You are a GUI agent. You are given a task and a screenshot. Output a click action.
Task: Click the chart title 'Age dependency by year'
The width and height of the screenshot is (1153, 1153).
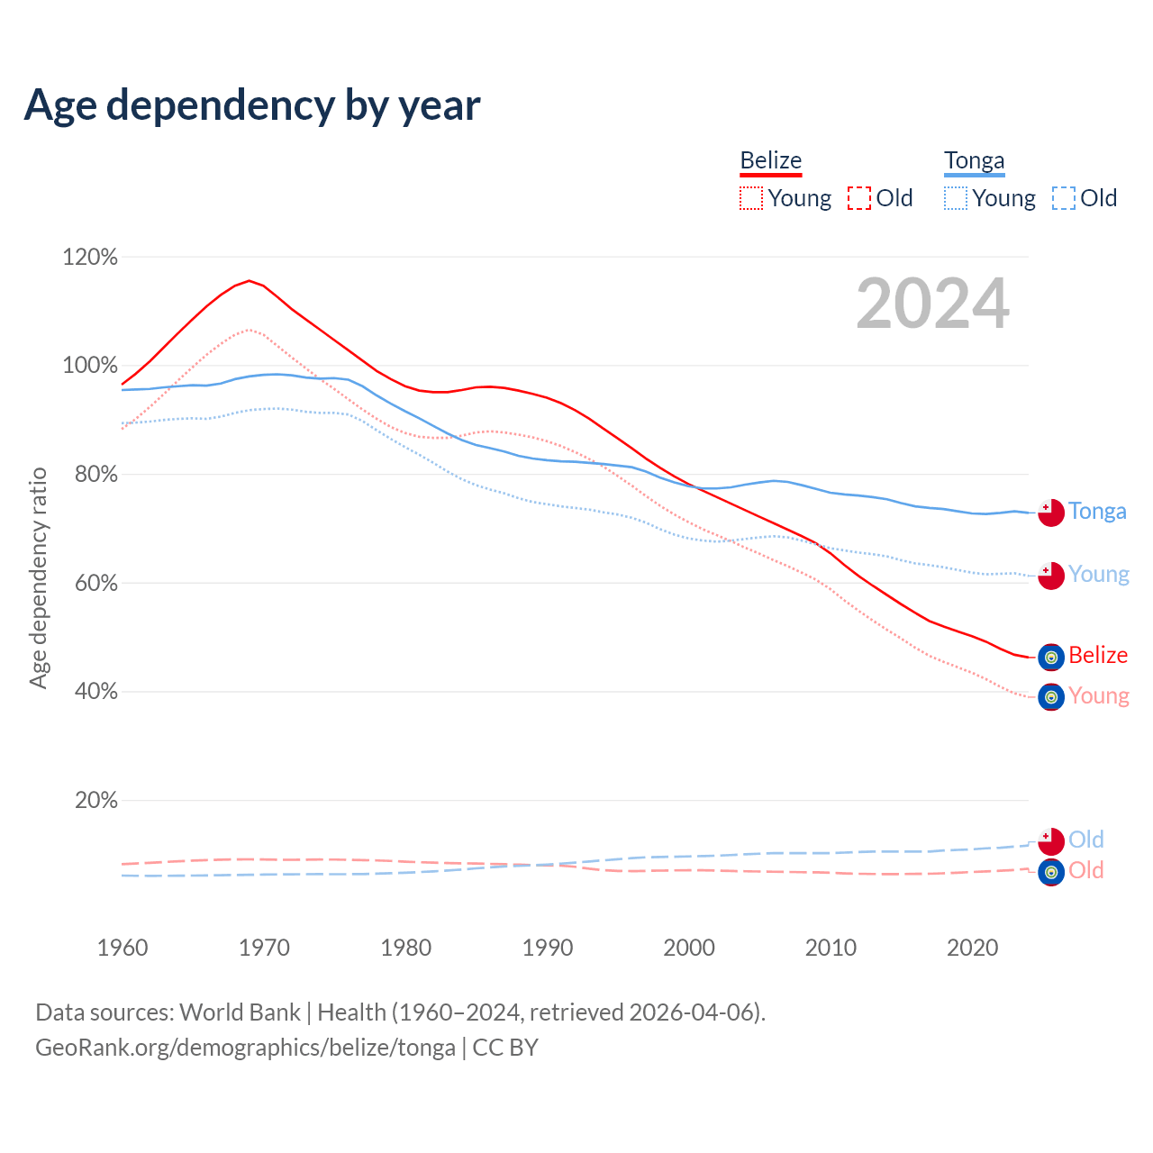[x=252, y=105]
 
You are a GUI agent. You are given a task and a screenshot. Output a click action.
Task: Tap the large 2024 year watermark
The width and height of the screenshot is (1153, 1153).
[x=932, y=304]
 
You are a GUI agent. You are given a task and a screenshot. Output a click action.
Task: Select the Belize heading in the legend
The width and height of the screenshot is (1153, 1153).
[x=770, y=161]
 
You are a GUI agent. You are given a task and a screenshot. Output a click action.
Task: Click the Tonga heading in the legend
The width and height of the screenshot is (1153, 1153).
[x=974, y=161]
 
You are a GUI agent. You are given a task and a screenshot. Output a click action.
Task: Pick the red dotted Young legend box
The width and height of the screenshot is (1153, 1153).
[x=751, y=198]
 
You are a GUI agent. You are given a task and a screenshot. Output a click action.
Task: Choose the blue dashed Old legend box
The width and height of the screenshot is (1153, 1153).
[x=1064, y=198]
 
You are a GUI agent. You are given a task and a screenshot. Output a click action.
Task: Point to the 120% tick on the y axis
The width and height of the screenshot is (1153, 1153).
[x=90, y=258]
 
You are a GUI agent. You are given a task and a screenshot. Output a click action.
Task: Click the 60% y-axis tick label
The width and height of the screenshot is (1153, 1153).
[x=90, y=584]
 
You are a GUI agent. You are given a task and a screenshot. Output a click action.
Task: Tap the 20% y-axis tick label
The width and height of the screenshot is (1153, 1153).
[x=95, y=801]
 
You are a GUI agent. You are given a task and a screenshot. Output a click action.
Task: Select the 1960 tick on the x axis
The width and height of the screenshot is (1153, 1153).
[x=123, y=948]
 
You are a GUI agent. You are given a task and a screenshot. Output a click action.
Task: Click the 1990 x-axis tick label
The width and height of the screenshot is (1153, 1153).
[x=548, y=948]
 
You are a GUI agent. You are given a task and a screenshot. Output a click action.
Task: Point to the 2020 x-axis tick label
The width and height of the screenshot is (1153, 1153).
[x=973, y=948]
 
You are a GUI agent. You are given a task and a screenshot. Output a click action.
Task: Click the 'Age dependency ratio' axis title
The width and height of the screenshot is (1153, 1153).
[x=38, y=577]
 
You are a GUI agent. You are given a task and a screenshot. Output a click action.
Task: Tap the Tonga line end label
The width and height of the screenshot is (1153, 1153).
[x=1097, y=512]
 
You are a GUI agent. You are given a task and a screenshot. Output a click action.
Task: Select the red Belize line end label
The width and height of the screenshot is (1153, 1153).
[x=1098, y=656]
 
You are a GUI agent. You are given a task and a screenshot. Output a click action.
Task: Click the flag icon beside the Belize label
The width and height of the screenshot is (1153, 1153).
[x=1051, y=658]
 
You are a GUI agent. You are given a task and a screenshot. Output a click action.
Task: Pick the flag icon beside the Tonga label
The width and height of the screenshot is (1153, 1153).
[x=1051, y=513]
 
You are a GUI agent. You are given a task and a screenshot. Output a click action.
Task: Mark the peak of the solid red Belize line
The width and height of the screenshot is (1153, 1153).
[x=250, y=280]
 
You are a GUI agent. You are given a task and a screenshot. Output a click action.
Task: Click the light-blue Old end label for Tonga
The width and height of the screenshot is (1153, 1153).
[x=1086, y=840]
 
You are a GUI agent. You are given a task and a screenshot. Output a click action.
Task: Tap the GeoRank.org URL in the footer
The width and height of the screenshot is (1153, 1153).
[x=245, y=1048]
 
